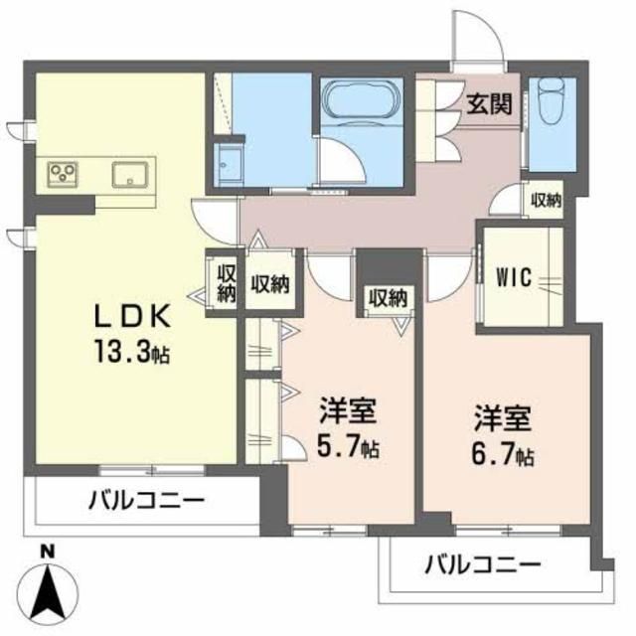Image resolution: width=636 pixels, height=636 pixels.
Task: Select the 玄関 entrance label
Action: coord(489,103)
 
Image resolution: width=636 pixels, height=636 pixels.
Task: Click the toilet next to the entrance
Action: coord(551,104)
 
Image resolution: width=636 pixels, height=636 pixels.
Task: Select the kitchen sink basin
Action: coord(130,176)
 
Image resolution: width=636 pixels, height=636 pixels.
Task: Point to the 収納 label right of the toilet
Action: coord(545,200)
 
